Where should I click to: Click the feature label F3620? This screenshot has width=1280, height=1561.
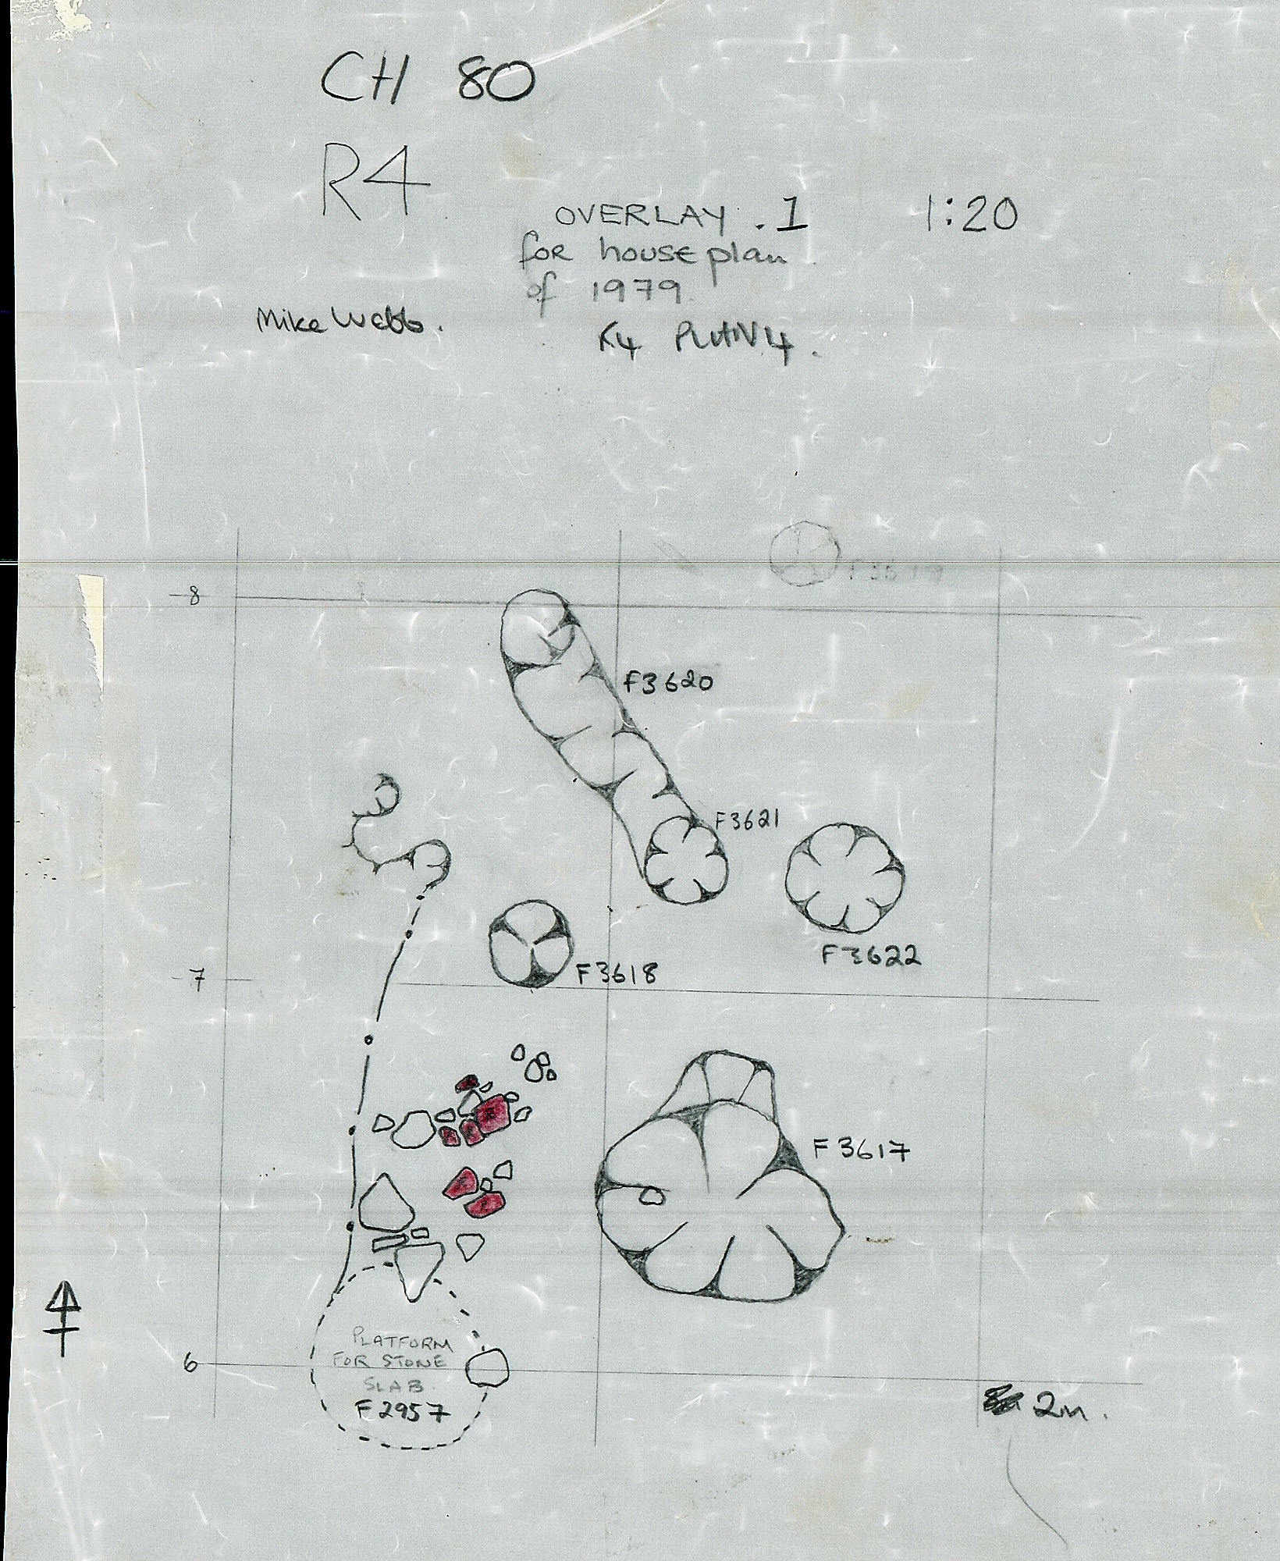point(668,682)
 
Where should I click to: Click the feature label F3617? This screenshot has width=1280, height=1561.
point(860,1151)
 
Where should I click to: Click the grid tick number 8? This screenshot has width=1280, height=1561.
point(191,598)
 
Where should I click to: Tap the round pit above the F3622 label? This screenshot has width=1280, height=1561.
point(844,877)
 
